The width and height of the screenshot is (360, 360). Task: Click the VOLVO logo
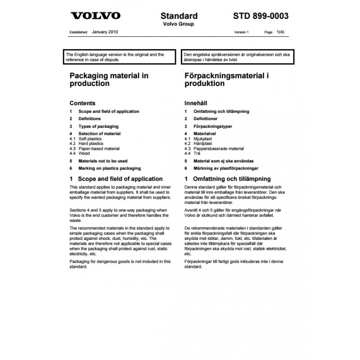(95, 16)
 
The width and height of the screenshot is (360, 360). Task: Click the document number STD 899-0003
(261, 16)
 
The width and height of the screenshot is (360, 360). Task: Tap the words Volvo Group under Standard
(179, 24)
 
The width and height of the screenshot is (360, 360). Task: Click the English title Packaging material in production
(109, 80)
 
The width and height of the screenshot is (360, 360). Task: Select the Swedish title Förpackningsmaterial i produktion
(227, 80)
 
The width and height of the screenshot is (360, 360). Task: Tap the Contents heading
(82, 103)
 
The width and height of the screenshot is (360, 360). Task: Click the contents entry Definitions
(90, 119)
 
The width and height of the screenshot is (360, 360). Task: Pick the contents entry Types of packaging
(98, 126)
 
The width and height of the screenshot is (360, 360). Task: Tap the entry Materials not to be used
(103, 161)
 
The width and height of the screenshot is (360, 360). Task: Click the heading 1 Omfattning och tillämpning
(228, 179)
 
